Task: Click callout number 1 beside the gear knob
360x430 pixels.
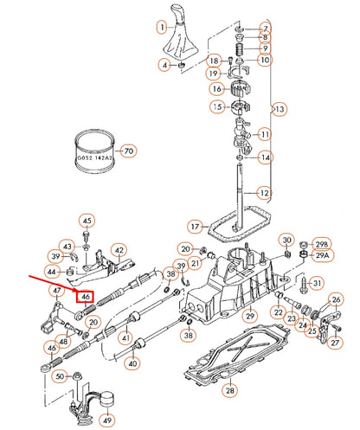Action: point(162,27)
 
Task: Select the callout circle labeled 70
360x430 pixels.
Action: point(129,151)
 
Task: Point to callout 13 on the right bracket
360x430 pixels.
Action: point(279,109)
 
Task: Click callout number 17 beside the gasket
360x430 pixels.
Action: point(196,228)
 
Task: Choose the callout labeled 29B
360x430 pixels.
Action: point(322,244)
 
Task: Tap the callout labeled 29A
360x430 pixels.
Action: point(322,256)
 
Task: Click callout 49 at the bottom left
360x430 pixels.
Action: point(107,421)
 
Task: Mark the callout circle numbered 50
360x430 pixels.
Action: point(59,377)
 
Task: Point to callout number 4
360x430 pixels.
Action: point(164,65)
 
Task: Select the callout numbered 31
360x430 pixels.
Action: point(316,283)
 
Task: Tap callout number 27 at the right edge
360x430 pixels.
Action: point(337,342)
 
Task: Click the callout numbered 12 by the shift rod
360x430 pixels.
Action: point(266,192)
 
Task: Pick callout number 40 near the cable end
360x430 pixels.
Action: point(132,364)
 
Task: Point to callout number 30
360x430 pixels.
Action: point(286,240)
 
